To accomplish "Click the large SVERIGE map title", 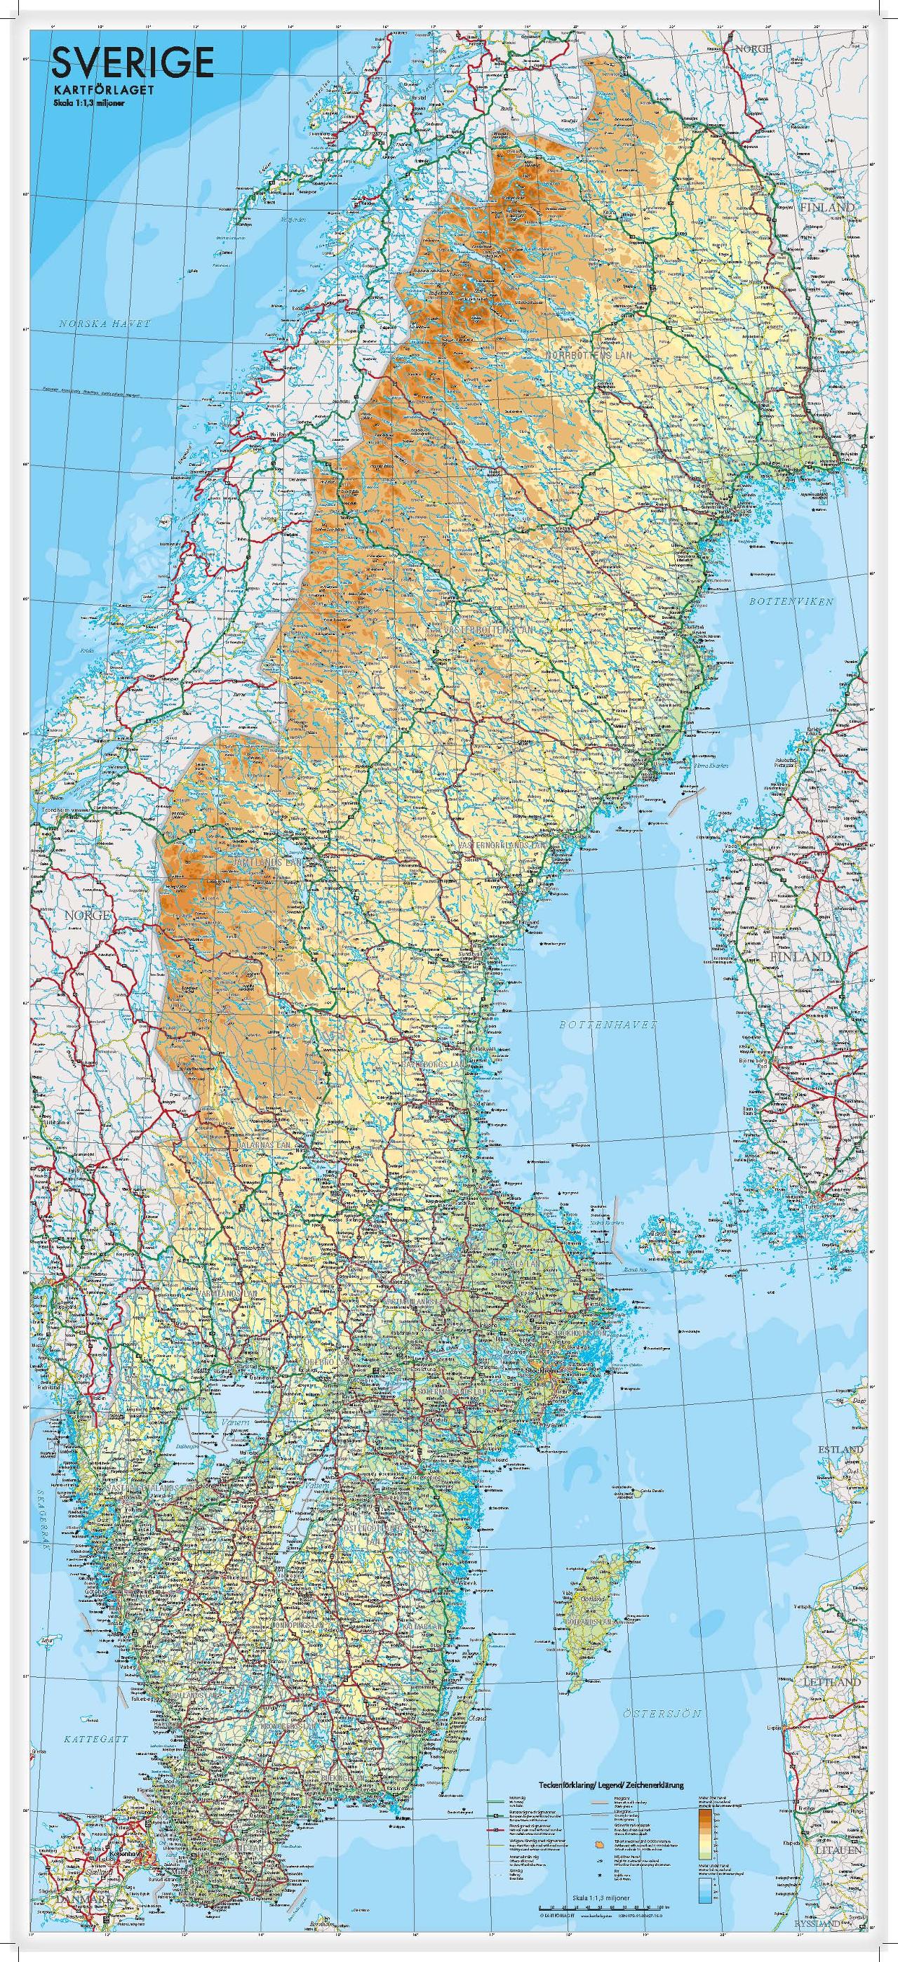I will tap(131, 62).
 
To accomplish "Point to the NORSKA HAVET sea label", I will tap(105, 323).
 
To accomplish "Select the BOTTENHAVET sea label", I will tap(607, 1026).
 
